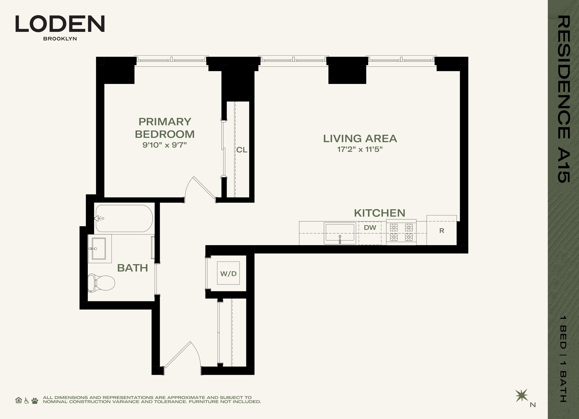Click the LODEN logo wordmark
coord(60,24)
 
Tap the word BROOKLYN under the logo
coord(60,39)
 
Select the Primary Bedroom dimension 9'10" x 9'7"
coord(165,145)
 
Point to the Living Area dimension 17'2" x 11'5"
coord(360,149)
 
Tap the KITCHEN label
coord(380,213)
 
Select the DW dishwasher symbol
coord(370,233)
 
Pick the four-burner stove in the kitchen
coord(401,232)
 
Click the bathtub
coord(124,218)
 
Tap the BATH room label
coord(133,268)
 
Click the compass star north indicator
coord(521,396)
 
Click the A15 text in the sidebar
coord(564,166)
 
